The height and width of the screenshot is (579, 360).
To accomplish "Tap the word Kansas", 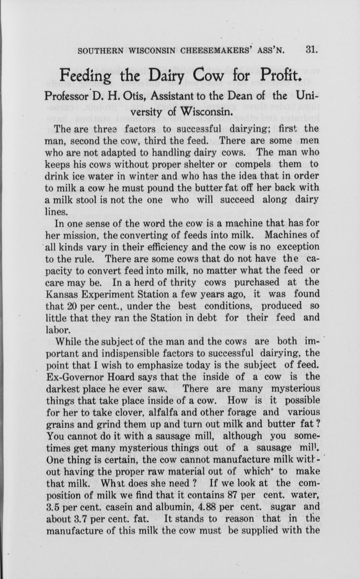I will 65,294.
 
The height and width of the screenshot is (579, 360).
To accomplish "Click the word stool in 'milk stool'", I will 89,200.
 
